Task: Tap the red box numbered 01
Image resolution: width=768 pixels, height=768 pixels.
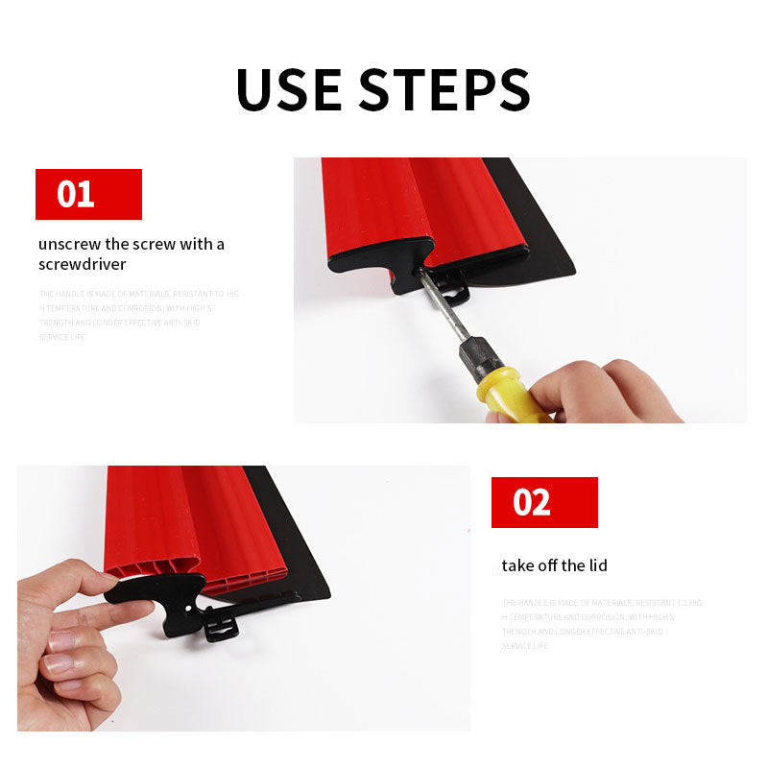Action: point(88,194)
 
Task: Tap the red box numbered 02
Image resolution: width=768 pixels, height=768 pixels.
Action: point(544,502)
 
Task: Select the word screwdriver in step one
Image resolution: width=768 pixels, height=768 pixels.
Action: point(83,264)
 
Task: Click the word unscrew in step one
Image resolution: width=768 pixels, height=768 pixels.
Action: point(71,244)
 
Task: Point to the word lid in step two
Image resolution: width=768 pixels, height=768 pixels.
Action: point(596,565)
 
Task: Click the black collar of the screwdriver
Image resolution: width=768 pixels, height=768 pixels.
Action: point(480,357)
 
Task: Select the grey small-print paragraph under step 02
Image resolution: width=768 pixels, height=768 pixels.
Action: point(600,624)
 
